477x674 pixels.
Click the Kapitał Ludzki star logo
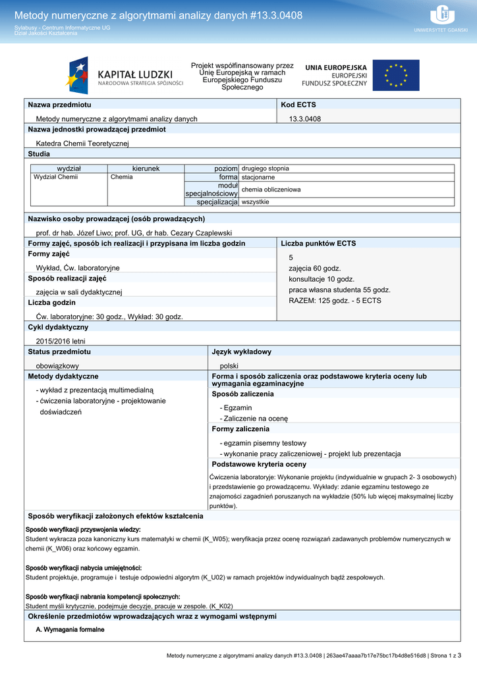(77, 75)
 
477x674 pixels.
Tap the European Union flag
(395, 75)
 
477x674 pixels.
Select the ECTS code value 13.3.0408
(305, 118)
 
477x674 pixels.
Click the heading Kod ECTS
(298, 105)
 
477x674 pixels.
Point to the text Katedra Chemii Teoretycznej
(82, 143)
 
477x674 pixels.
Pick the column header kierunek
(146, 168)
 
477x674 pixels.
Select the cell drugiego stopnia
(266, 168)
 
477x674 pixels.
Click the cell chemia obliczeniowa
(271, 190)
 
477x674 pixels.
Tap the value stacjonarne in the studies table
(258, 177)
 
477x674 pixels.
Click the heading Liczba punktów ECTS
(318, 244)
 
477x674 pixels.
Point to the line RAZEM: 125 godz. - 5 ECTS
(335, 300)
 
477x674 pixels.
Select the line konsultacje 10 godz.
(322, 279)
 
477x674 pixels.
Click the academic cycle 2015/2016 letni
(61, 341)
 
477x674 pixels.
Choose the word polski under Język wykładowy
(229, 365)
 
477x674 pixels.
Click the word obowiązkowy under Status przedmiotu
(57, 365)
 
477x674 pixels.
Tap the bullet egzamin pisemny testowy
(265, 443)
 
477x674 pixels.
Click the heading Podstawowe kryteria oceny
(259, 464)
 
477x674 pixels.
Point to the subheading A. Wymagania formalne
(70, 629)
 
